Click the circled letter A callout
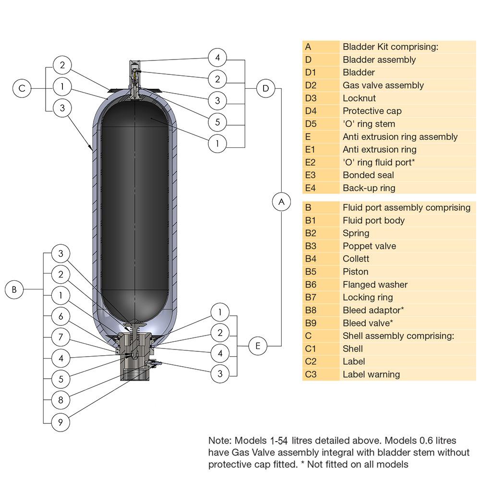click(x=281, y=202)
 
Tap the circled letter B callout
click(x=14, y=289)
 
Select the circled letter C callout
click(x=22, y=88)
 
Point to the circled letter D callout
click(x=265, y=88)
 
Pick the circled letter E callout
click(x=258, y=346)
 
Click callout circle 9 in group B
click(x=60, y=422)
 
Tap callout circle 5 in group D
click(x=217, y=122)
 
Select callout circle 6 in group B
click(x=60, y=316)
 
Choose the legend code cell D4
click(x=311, y=111)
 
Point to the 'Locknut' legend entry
click(x=359, y=98)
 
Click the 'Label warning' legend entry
click(x=371, y=374)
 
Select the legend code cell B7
click(x=311, y=298)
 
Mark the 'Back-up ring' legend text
click(x=369, y=188)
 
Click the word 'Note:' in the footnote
click(x=219, y=440)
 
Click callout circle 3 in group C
click(x=62, y=108)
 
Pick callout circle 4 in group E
click(x=220, y=353)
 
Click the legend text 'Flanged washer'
click(x=375, y=285)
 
